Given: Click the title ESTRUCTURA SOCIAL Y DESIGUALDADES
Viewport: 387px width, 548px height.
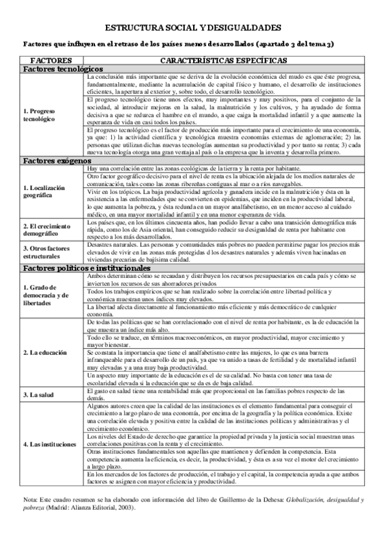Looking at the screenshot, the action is click(x=193, y=28).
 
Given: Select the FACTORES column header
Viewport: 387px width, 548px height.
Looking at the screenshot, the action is click(x=52, y=59).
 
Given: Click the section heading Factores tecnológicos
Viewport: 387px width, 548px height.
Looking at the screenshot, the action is click(x=63, y=68).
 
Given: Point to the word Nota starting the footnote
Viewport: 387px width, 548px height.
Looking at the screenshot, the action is click(x=30, y=500).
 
